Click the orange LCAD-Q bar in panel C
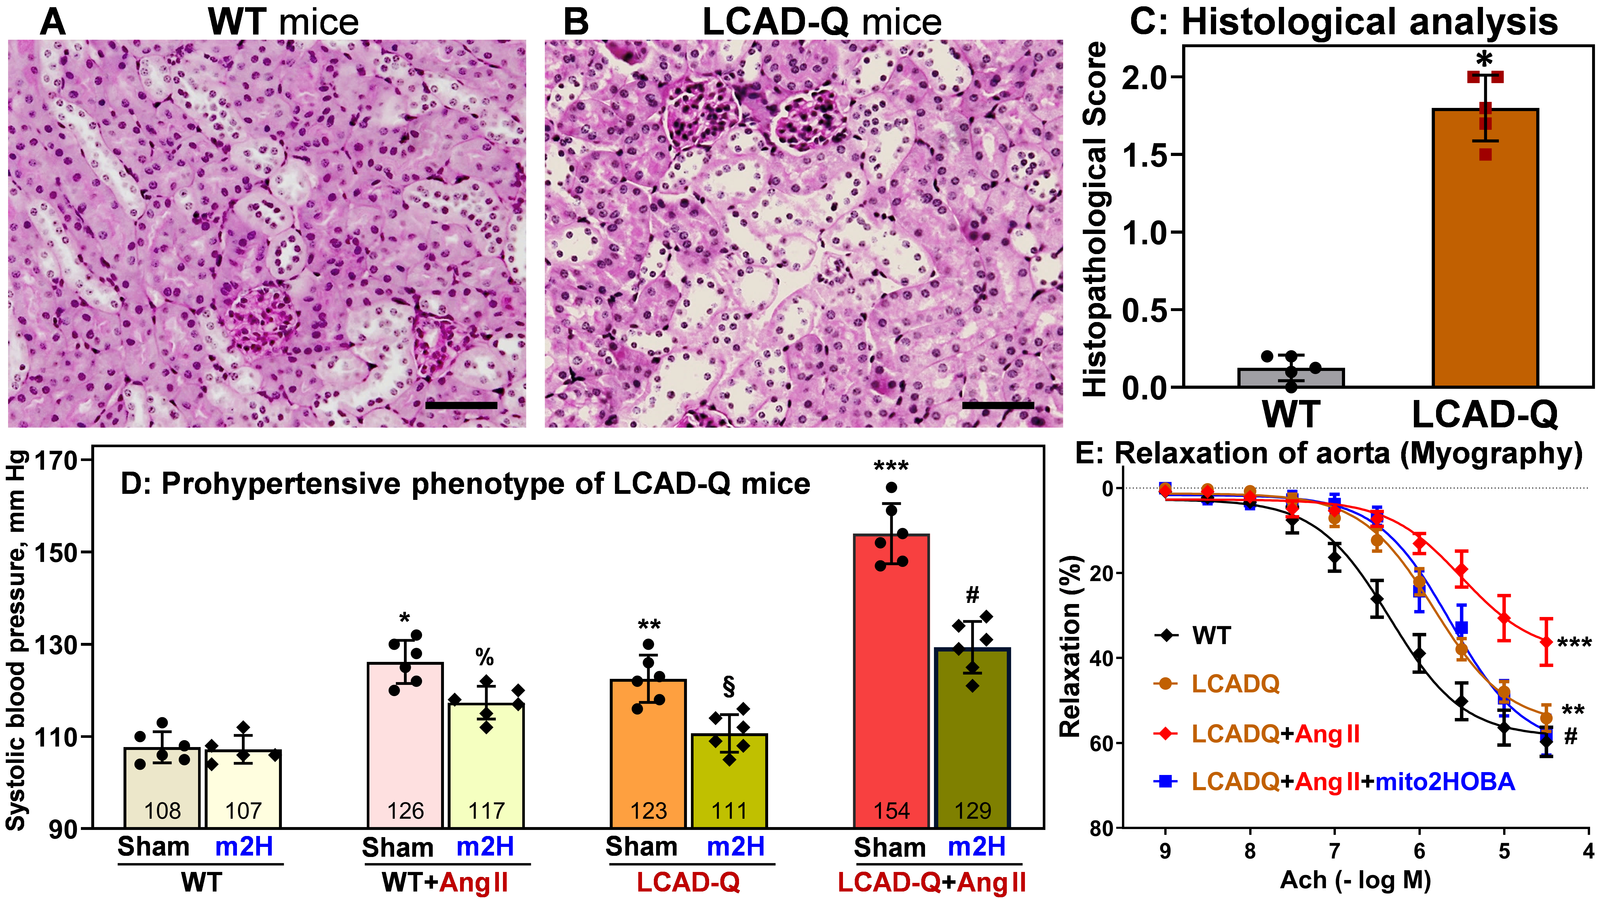(1485, 248)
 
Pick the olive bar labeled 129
(973, 738)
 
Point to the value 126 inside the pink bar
(405, 810)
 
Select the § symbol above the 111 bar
(729, 687)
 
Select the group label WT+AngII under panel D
(445, 882)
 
